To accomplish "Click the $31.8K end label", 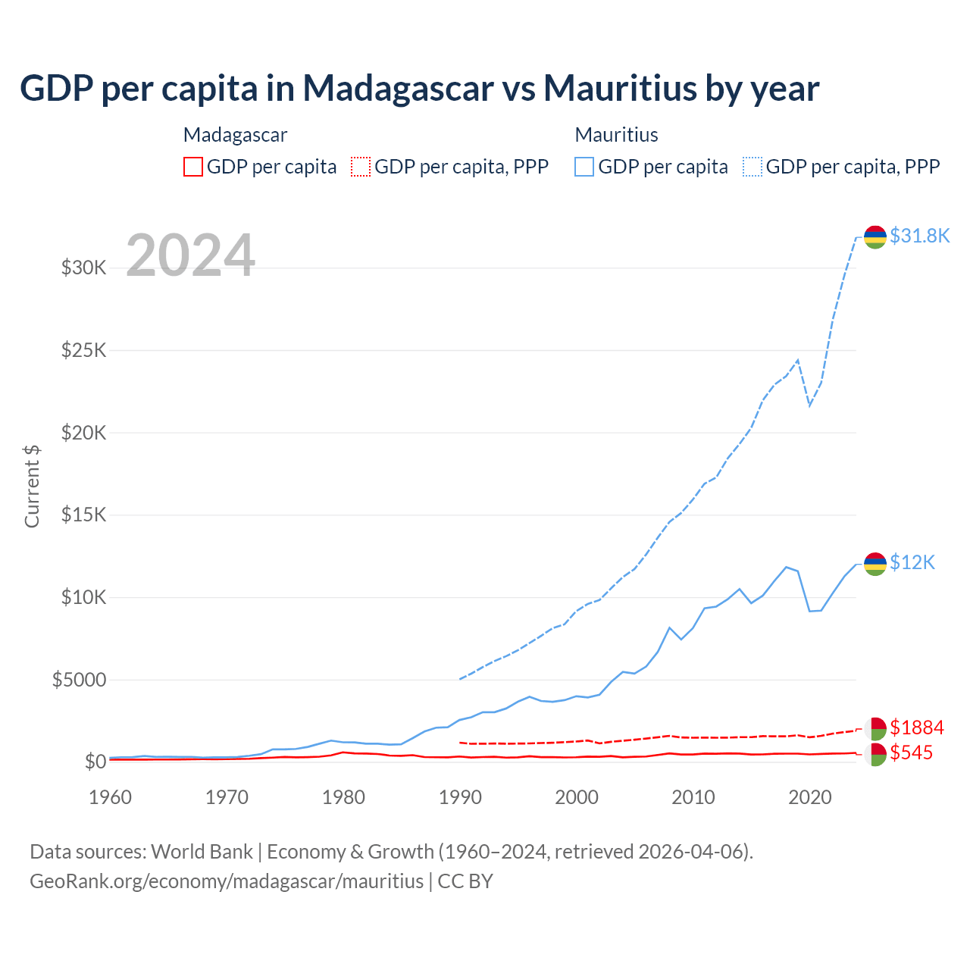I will point(919,236).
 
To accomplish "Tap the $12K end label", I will point(912,562).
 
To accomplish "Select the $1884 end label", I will point(917,727).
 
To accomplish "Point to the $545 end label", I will point(912,753).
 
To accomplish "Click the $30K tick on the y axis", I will point(84,268).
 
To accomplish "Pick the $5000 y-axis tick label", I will point(80,680).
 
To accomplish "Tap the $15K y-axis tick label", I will point(84,515).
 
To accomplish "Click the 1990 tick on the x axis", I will point(461,797).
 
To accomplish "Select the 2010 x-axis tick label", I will point(693,797).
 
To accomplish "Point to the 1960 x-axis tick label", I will point(111,797).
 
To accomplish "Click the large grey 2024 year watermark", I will point(190,255).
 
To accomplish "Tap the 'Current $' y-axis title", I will point(32,486).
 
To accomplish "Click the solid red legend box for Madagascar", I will point(193,167).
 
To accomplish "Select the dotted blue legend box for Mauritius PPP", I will point(753,167).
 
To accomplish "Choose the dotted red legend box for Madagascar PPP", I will point(361,167).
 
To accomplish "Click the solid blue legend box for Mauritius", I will point(584,167).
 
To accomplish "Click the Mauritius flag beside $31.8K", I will point(875,236).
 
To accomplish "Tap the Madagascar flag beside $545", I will point(875,754).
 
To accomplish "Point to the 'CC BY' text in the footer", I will point(465,881).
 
